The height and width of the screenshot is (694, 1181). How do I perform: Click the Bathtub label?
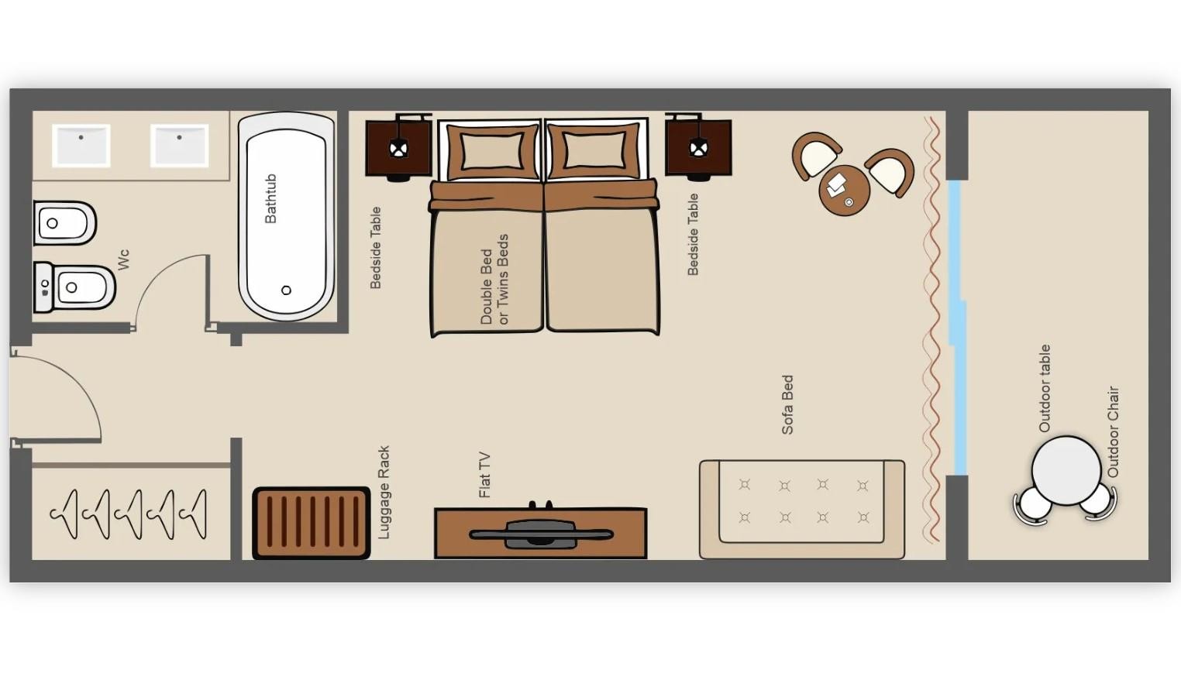point(270,198)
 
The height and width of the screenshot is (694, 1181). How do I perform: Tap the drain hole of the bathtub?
point(286,290)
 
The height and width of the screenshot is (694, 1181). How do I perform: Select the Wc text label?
point(123,259)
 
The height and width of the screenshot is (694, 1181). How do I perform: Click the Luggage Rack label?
point(384,492)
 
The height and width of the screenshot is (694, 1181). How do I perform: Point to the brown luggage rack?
point(312,523)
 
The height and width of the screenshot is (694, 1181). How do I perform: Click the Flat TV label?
point(484,475)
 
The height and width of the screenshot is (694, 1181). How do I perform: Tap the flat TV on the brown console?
point(541,534)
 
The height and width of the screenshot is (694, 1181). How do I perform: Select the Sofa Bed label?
point(787,404)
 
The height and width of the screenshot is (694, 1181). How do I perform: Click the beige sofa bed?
point(802,509)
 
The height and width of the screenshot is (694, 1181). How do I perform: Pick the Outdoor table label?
point(1045,388)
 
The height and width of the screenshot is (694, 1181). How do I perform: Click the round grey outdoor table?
point(1066,470)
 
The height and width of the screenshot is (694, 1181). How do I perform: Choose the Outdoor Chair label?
point(1113,432)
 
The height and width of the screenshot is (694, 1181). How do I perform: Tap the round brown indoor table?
point(844,191)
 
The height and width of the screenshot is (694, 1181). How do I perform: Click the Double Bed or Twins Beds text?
point(494,280)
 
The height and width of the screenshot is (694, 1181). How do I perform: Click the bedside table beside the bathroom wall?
point(398,147)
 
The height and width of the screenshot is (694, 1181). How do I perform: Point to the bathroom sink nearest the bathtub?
point(179,146)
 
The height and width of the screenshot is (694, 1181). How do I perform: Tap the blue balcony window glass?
point(958,327)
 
